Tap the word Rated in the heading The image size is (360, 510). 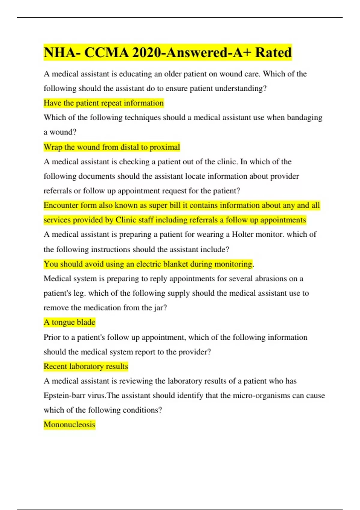point(273,52)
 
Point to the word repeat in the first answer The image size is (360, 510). point(111,103)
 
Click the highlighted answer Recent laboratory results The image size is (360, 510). point(86,366)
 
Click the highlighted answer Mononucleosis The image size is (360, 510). point(69,424)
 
